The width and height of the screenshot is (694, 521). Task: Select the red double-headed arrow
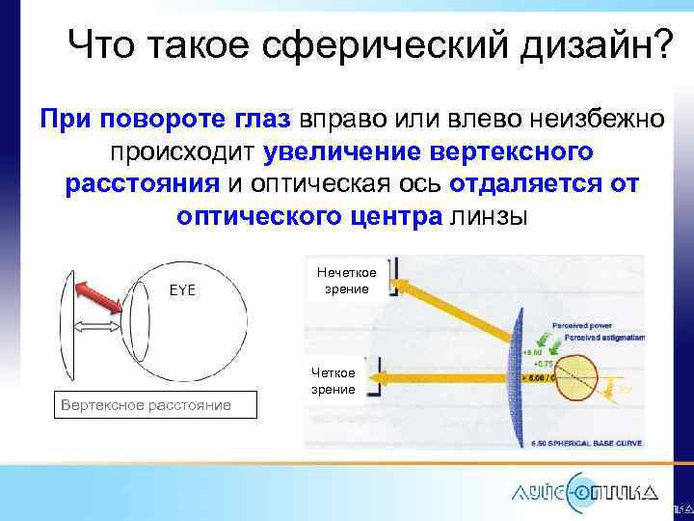pyautogui.click(x=99, y=296)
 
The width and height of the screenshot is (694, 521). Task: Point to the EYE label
pyautogui.click(x=183, y=290)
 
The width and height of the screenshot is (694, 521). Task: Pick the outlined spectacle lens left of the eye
pyautogui.click(x=67, y=329)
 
